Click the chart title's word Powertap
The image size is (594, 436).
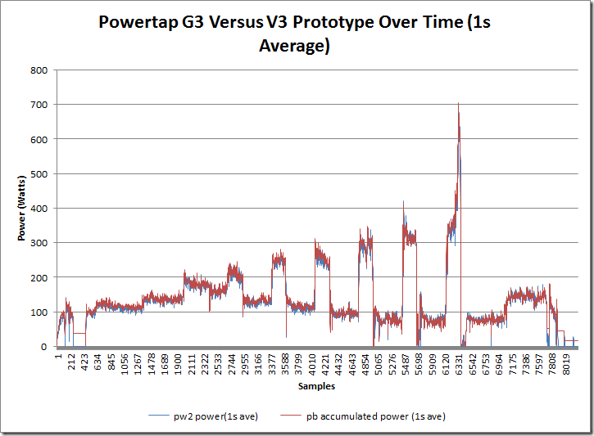point(135,22)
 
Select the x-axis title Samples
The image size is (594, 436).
point(315,385)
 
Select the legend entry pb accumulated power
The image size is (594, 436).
point(384,416)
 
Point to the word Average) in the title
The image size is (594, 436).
point(294,46)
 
